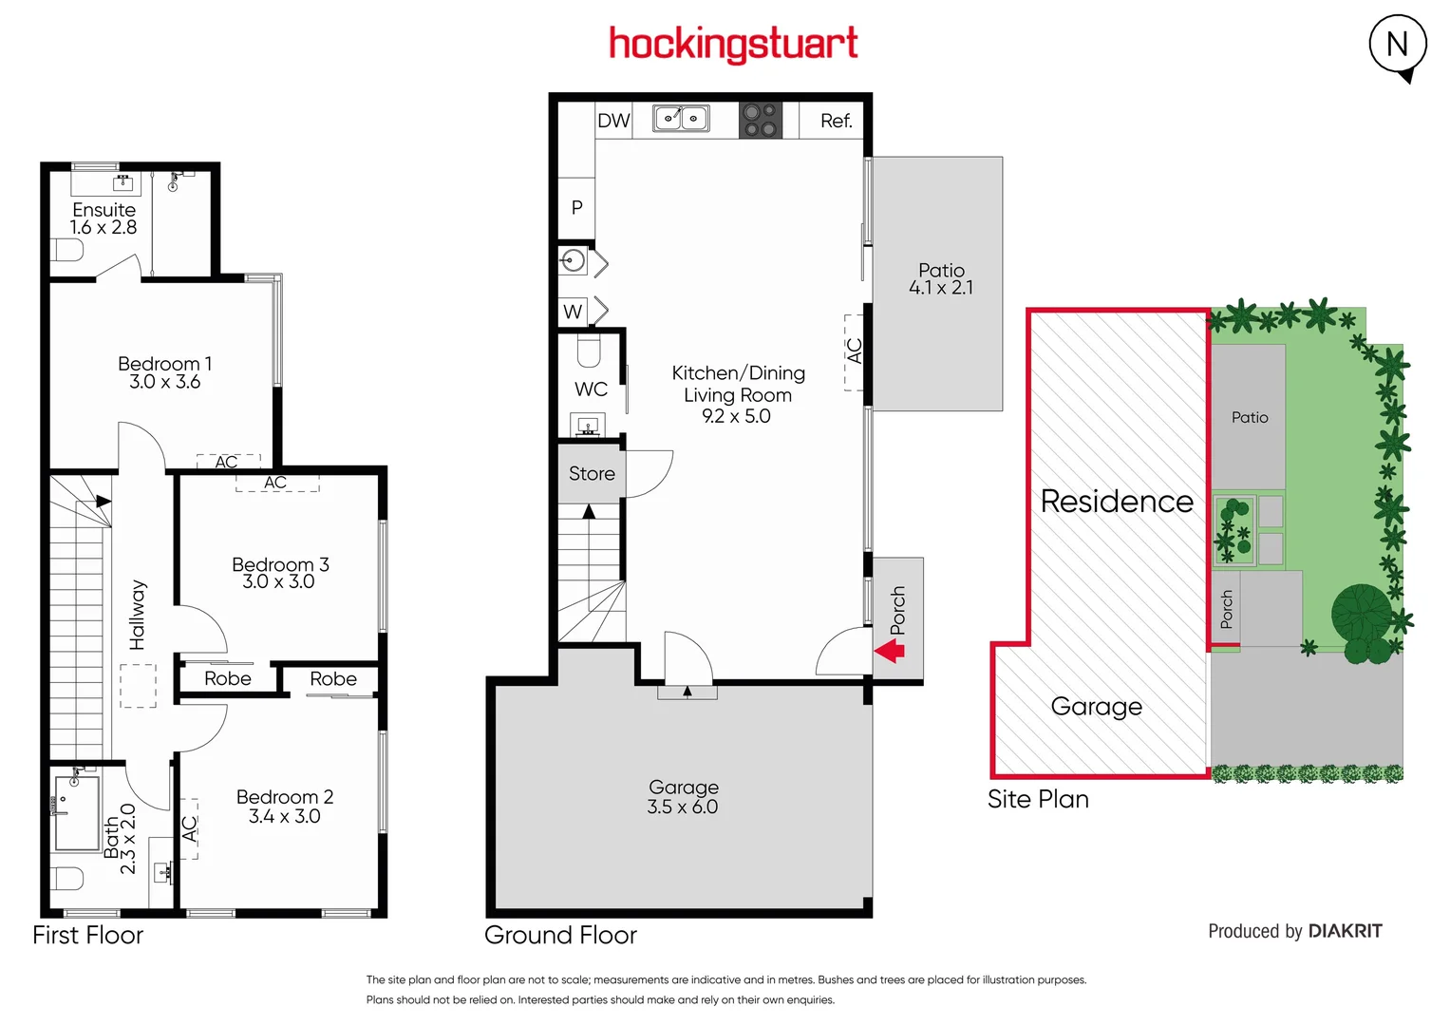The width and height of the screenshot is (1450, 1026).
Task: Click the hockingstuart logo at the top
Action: (x=733, y=44)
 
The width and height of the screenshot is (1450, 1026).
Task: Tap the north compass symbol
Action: (x=1397, y=45)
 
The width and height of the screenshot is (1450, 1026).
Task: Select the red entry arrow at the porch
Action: (x=890, y=651)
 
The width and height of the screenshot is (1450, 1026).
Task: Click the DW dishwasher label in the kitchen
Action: (x=613, y=121)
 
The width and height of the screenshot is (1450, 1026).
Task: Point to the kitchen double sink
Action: (x=681, y=119)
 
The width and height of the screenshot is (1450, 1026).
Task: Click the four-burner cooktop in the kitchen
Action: (x=761, y=120)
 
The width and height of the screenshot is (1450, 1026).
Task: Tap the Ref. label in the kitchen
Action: (x=836, y=121)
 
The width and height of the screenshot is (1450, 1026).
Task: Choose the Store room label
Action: (x=592, y=473)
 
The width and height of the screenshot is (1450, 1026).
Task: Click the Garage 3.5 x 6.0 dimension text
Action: (x=682, y=807)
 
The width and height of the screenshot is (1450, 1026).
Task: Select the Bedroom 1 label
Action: (x=164, y=364)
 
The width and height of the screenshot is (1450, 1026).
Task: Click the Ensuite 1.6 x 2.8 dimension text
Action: (x=104, y=228)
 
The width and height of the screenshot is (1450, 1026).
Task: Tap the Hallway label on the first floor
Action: (x=138, y=615)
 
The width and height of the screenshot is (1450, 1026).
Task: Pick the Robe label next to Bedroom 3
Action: (x=333, y=678)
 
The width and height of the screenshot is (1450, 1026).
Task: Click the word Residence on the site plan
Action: (x=1117, y=501)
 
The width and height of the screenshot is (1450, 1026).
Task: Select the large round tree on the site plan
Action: (x=1362, y=613)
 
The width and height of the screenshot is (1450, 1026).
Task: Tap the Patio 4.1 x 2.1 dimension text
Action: (x=940, y=288)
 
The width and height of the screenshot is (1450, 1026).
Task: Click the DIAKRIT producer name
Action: (x=1345, y=931)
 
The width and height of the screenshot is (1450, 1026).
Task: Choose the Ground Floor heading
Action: (x=560, y=935)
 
